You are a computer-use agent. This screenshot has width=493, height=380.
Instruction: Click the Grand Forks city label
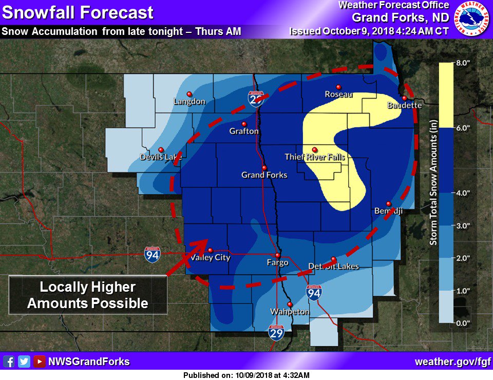[264, 175]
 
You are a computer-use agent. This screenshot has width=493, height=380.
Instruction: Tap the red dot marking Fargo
[277, 255]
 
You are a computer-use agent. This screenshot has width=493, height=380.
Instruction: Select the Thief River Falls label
[315, 157]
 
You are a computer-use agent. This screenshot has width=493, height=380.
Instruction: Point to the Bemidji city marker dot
[388, 203]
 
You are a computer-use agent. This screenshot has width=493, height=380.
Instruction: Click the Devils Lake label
[161, 157]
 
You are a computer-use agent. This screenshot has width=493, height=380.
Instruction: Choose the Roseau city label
[338, 94]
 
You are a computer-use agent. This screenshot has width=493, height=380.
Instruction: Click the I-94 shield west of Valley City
[151, 254]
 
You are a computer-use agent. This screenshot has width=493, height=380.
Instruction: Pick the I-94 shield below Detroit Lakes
[314, 293]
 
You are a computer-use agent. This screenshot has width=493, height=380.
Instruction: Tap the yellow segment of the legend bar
[446, 95]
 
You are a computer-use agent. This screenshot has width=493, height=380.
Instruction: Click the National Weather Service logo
[473, 18]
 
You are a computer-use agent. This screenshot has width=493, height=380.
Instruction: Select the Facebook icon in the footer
[9, 362]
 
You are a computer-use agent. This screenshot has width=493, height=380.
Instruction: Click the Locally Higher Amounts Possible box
[88, 295]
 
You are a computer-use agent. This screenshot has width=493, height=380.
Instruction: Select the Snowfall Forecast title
[78, 12]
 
